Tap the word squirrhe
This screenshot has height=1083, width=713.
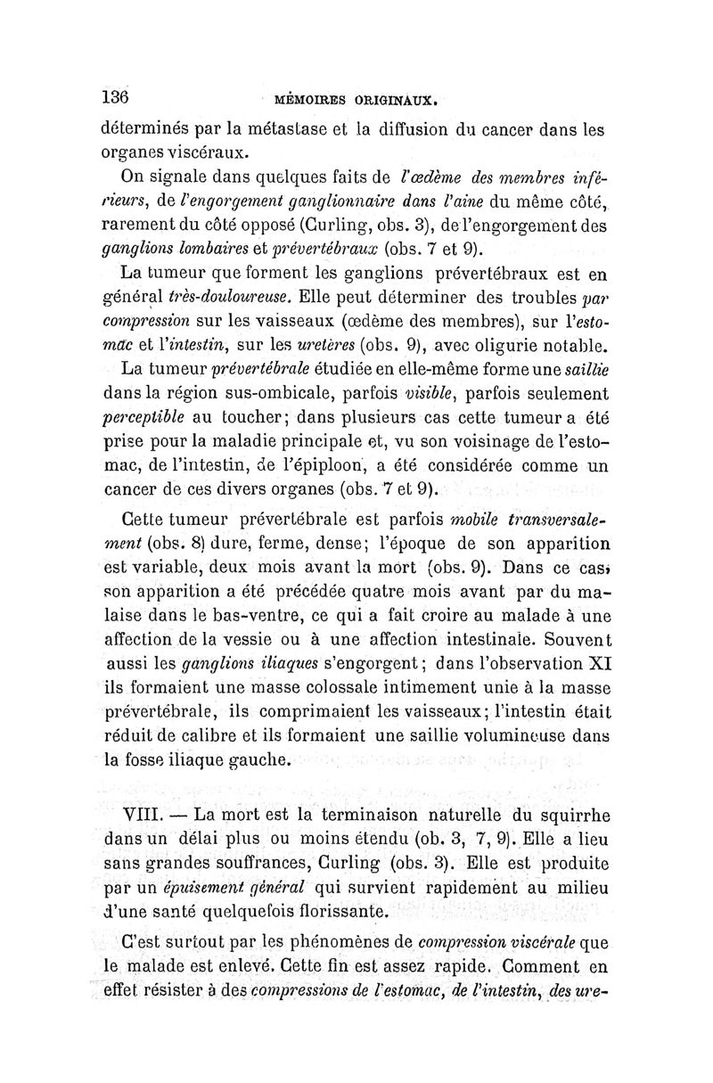(565, 815)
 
